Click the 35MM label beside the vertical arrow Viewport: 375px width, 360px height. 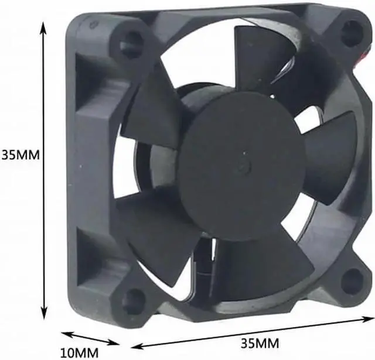click(x=20, y=156)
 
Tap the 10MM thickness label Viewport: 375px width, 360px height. click(x=80, y=352)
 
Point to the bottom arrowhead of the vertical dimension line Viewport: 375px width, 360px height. click(x=43, y=313)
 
